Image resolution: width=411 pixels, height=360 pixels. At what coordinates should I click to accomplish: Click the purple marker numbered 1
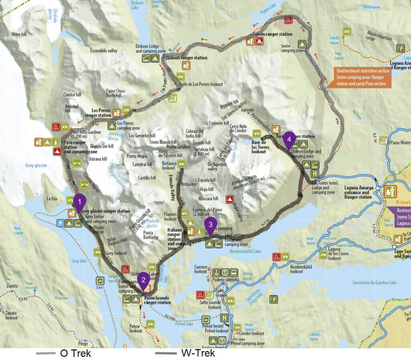click(79, 201)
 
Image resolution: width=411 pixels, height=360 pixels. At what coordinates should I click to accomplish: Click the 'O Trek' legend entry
click(75, 354)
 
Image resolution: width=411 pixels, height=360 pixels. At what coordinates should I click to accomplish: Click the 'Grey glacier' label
click(36, 165)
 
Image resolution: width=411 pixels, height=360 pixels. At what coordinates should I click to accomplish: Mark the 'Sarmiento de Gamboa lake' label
click(374, 283)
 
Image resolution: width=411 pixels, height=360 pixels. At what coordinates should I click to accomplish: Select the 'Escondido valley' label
click(104, 51)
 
